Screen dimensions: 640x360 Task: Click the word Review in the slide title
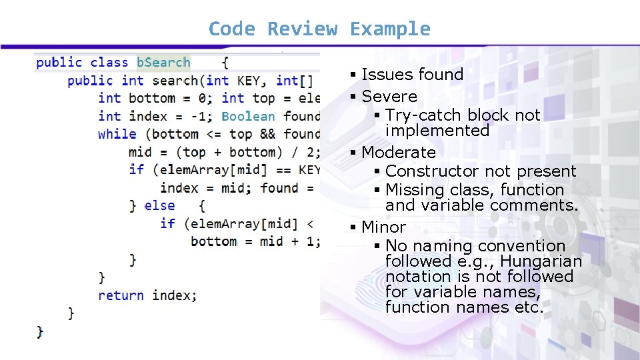pyautogui.click(x=303, y=29)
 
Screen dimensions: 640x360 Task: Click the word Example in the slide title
pyautogui.click(x=390, y=29)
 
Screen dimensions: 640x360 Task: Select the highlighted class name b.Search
pyautogui.click(x=163, y=63)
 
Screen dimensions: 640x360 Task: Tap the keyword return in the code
pyautogui.click(x=121, y=295)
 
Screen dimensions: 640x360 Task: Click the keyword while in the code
pyautogui.click(x=117, y=134)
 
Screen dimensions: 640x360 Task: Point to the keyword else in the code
pyautogui.click(x=160, y=206)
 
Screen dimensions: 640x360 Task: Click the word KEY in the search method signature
pyautogui.click(x=252, y=81)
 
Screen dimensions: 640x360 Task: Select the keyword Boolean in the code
pyautogui.click(x=248, y=116)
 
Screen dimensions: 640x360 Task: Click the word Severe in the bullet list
pyautogui.click(x=389, y=97)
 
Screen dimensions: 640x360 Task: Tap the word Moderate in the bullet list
pyautogui.click(x=399, y=153)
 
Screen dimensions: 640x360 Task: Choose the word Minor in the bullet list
pyautogui.click(x=383, y=227)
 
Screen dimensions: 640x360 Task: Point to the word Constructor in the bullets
pyautogui.click(x=433, y=171)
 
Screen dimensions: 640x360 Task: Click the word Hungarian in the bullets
pyautogui.click(x=541, y=261)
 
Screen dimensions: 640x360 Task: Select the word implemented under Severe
pyautogui.click(x=437, y=131)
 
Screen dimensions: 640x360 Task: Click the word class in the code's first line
pyautogui.click(x=109, y=63)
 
